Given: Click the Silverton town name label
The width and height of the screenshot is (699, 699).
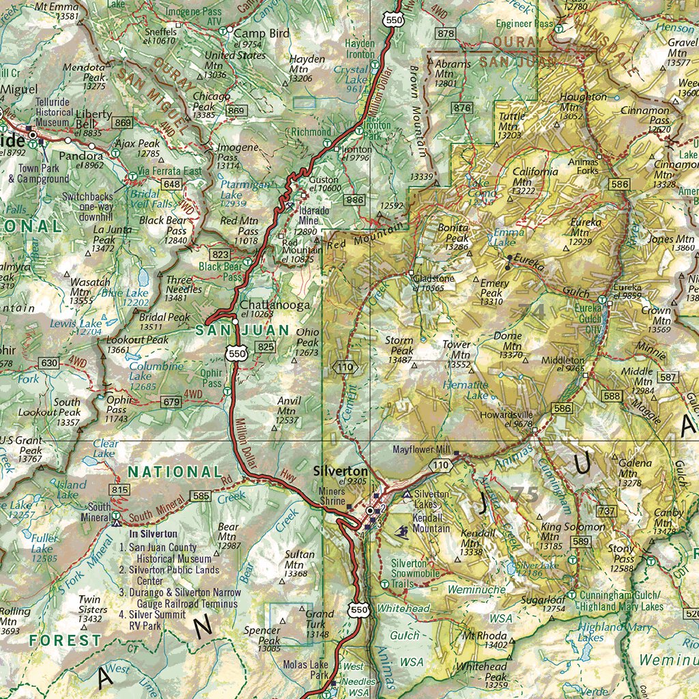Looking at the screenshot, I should tap(340, 471).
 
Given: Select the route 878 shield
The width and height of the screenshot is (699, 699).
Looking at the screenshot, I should tap(446, 34).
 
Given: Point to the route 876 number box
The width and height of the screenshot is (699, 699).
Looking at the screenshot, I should tap(462, 108).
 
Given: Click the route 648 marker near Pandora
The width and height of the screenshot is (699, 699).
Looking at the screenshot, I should tap(172, 184).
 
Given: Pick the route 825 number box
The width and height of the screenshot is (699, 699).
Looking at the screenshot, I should tap(266, 347).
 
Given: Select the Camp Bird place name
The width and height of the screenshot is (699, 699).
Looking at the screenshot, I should tap(261, 33).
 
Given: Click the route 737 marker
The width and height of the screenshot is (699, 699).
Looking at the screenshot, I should tap(606, 511).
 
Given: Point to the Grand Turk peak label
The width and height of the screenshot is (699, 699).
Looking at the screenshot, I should tap(319, 618).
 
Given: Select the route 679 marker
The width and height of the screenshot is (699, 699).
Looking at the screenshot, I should tap(171, 403).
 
